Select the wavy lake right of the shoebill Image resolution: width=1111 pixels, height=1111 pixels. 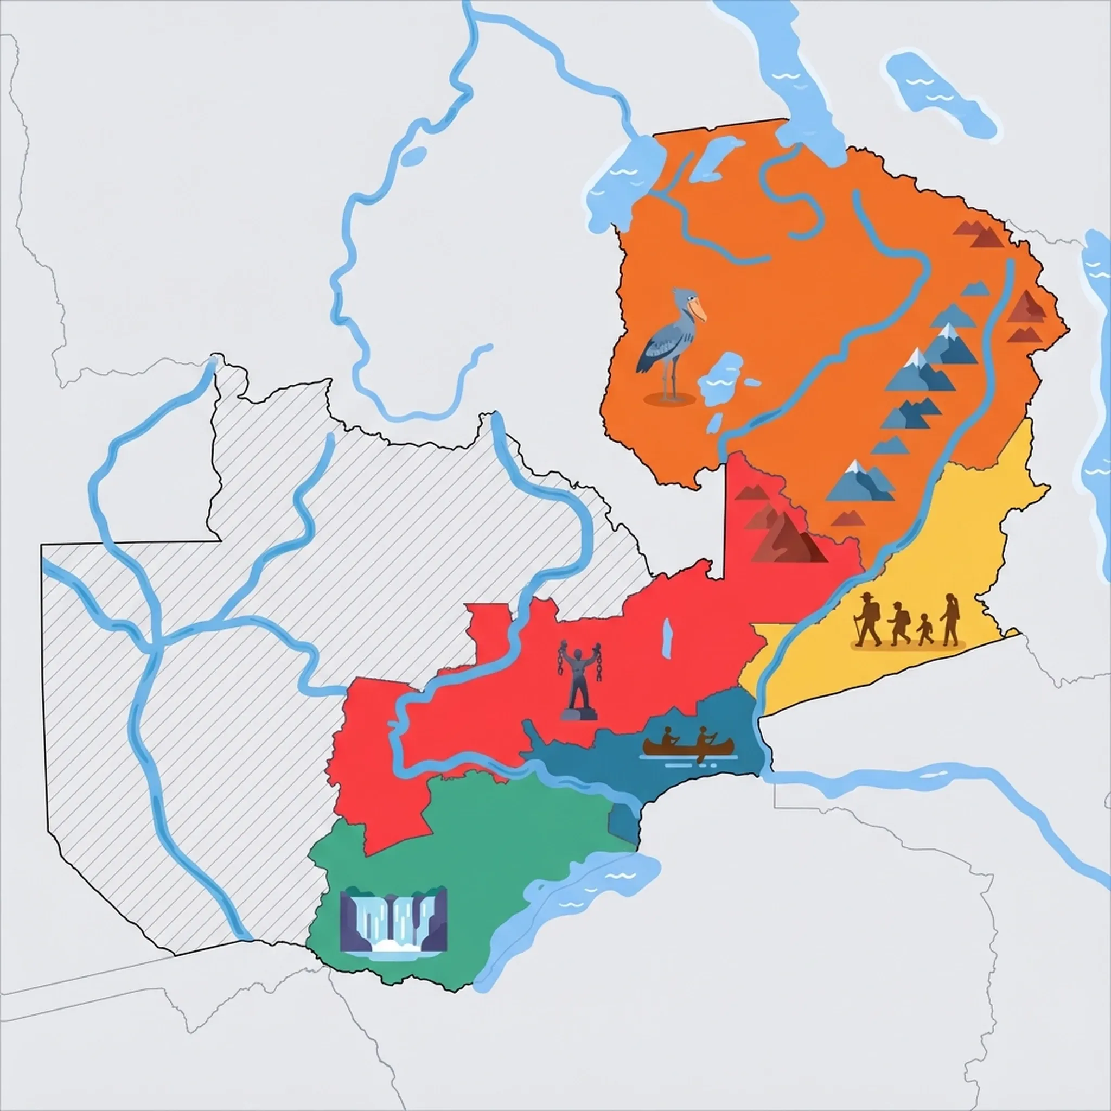[x=720, y=376]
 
